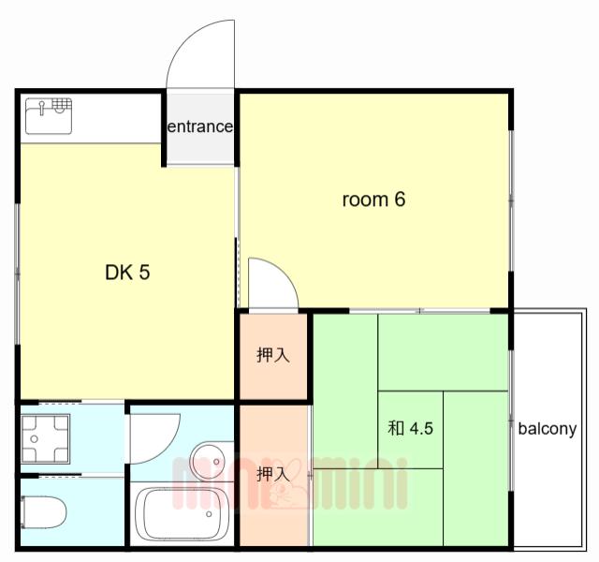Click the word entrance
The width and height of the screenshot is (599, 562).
tap(200, 126)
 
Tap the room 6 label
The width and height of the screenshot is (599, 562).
tap(373, 200)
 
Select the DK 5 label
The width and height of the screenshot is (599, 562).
tap(127, 273)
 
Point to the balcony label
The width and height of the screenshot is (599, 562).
tap(547, 429)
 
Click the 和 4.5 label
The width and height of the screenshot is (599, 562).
tap(410, 428)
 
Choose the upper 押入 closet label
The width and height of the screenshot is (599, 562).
tap(273, 355)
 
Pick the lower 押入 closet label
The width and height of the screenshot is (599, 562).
tap(273, 474)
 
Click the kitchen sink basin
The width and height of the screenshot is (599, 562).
tap(49, 116)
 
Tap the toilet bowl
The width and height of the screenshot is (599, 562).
tap(43, 512)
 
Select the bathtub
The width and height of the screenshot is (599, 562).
tap(183, 513)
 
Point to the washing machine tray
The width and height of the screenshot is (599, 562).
tap(46, 439)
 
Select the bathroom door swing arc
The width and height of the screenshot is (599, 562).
tap(168, 450)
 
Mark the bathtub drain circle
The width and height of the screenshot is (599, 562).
tap(209, 514)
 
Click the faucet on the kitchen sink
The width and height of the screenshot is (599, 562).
tap(41, 107)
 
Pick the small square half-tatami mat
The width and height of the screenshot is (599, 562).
tap(410, 430)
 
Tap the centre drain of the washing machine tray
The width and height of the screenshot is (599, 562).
tap(35, 439)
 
